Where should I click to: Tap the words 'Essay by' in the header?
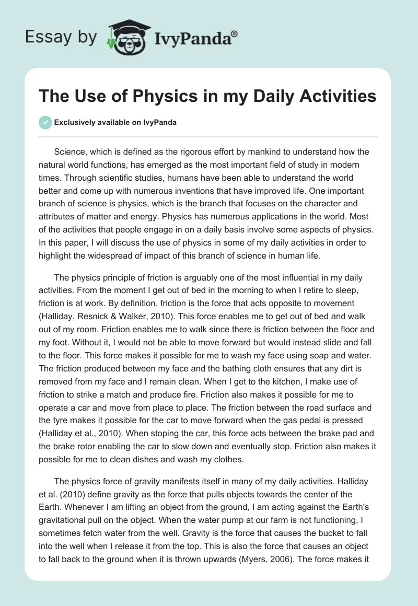tap(61, 37)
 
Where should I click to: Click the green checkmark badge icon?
tap(45, 122)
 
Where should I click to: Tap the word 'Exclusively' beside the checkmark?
tap(73, 122)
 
